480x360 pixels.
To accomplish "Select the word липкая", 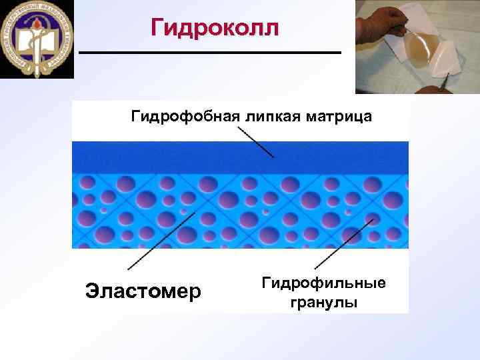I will click(273, 118).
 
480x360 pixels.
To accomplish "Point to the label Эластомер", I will click(143, 291).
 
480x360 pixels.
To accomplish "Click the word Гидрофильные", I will click(323, 283).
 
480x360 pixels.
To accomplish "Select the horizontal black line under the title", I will click(209, 52).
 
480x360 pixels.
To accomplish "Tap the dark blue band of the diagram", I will click(240, 156).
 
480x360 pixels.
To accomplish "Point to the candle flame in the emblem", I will click(37, 27).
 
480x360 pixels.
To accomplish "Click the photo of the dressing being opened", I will click(417, 47).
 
